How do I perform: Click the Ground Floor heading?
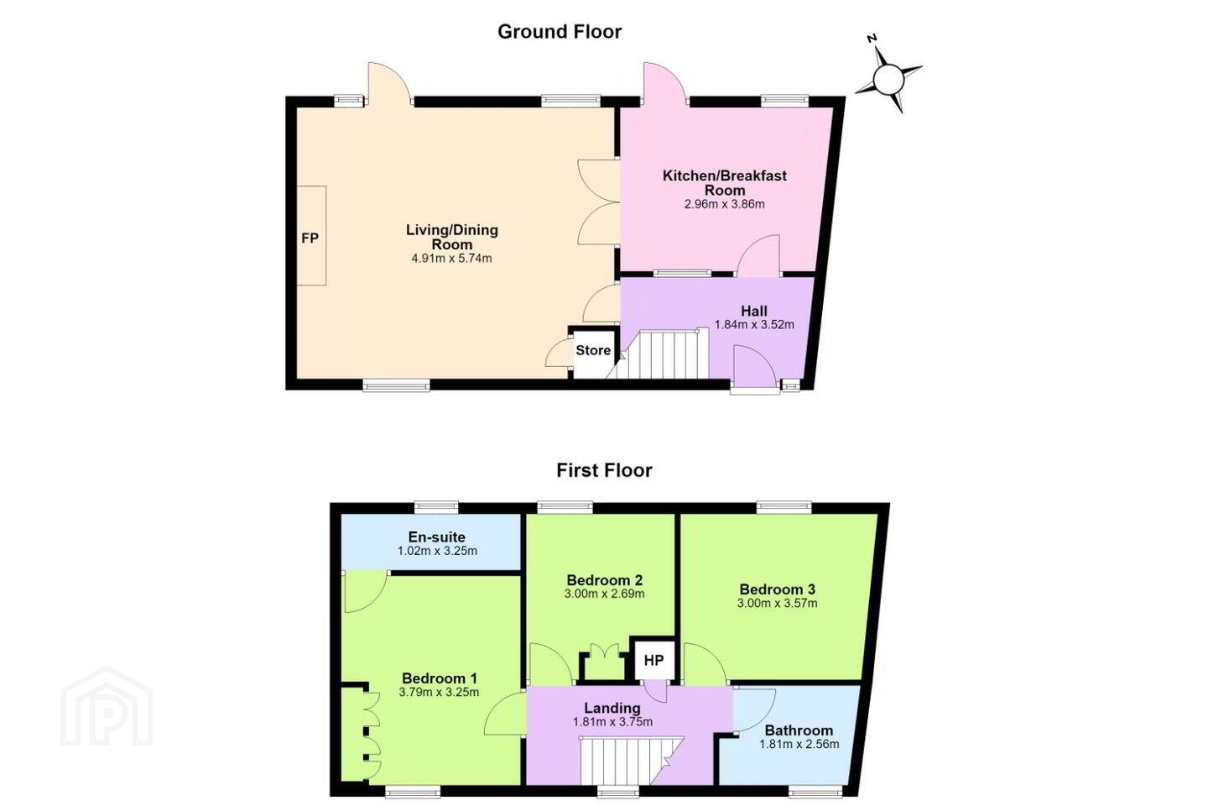click(560, 32)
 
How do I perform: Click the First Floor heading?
click(604, 470)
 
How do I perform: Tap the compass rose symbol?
click(888, 80)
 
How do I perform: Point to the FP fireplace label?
click(310, 238)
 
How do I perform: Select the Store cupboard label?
click(593, 350)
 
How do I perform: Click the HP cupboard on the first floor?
click(653, 660)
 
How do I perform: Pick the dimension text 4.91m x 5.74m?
click(451, 259)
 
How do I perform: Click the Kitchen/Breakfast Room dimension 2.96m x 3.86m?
click(724, 205)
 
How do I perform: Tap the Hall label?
click(754, 311)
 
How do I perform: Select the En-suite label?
click(437, 537)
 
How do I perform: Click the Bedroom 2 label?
click(605, 580)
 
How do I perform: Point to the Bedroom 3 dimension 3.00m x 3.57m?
click(777, 603)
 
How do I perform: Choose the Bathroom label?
click(799, 730)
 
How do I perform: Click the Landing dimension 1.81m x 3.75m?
click(612, 722)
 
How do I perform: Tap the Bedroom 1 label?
click(440, 678)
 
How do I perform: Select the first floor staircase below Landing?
click(631, 762)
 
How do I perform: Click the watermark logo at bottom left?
click(107, 706)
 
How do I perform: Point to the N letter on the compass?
click(872, 39)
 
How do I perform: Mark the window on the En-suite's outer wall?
click(436, 507)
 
